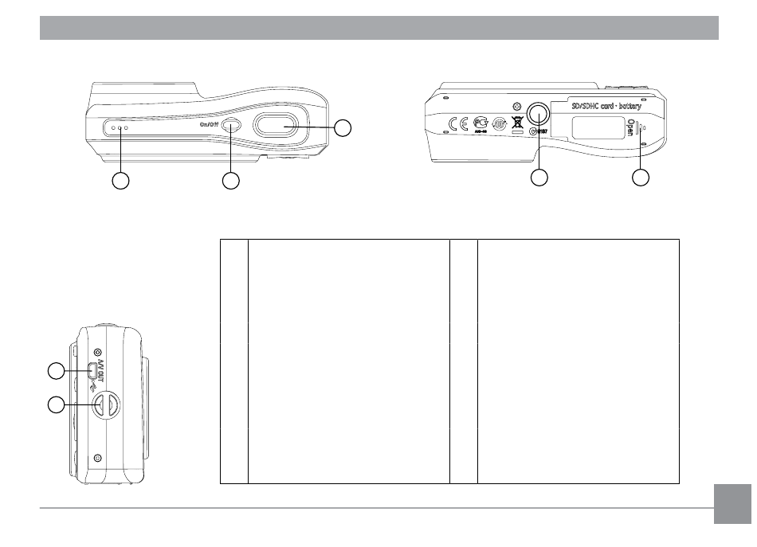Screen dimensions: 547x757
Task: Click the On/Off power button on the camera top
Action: (x=231, y=125)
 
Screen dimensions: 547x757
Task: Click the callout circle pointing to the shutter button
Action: (x=343, y=128)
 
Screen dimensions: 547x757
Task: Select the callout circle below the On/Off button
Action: (x=230, y=181)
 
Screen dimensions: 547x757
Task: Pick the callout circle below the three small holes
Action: (x=120, y=181)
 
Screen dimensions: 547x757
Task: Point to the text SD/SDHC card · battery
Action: (x=607, y=105)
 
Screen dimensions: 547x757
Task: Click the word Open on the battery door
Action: (x=631, y=127)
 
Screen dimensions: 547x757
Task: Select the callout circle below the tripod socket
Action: (x=539, y=178)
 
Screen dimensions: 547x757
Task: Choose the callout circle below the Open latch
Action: (x=641, y=178)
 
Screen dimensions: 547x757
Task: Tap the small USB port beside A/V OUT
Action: (x=93, y=370)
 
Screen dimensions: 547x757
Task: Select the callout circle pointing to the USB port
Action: (x=54, y=370)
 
